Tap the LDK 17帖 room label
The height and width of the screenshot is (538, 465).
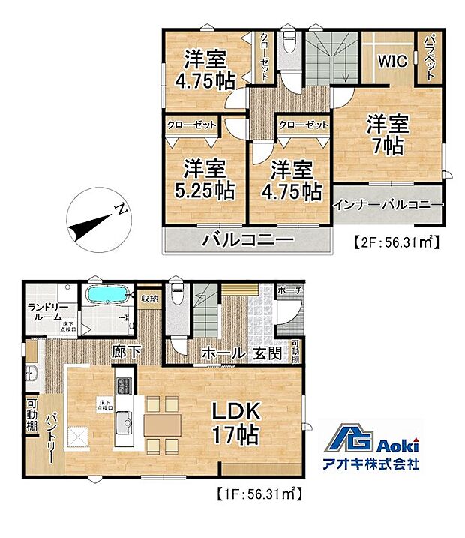tap(234, 422)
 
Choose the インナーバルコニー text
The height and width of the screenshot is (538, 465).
tap(388, 204)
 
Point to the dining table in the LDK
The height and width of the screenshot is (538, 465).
tap(162, 425)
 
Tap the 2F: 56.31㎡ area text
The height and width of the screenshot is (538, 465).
tap(395, 242)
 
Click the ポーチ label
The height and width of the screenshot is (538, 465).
tap(289, 290)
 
